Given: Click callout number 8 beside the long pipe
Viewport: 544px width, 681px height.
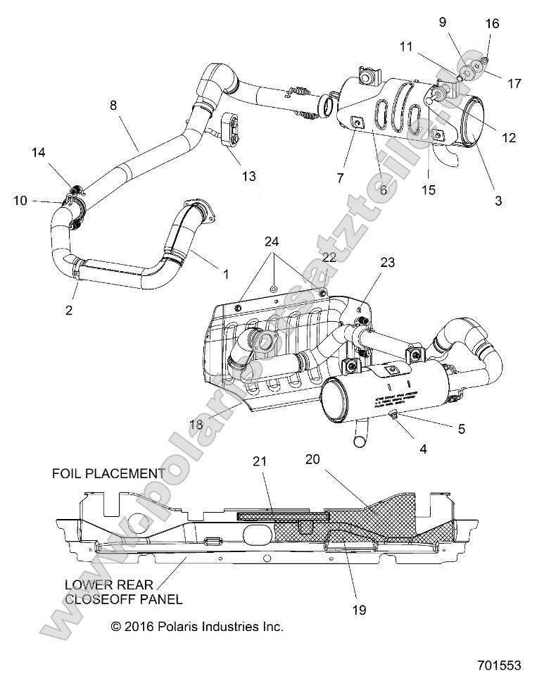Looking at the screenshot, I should [x=113, y=106].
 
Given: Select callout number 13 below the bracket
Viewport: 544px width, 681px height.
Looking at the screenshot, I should [x=248, y=176].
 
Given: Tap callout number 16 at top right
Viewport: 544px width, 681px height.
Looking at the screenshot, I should [x=492, y=23].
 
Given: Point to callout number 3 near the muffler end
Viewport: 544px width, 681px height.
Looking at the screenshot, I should [x=498, y=201].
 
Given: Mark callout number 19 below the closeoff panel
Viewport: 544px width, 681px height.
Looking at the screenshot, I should [x=359, y=610].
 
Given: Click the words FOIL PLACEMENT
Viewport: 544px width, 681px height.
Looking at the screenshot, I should [x=108, y=473].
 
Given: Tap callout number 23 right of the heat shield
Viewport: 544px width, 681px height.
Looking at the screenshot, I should [x=388, y=262].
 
